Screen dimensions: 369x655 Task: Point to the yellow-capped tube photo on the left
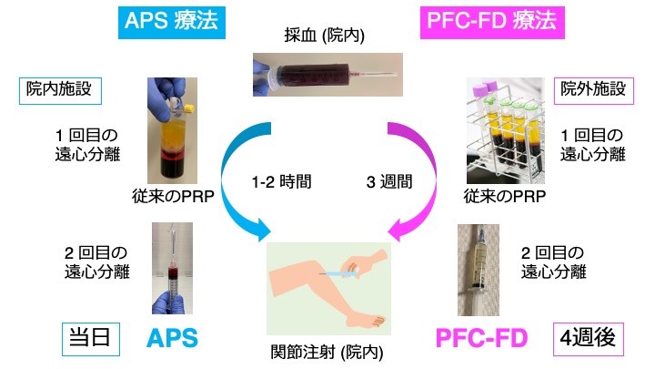point(172,128)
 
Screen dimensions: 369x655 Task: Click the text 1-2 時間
point(282,181)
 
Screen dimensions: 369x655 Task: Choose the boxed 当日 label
point(90,340)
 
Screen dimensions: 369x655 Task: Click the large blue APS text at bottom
point(173,340)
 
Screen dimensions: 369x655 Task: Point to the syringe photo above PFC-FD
point(483,268)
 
